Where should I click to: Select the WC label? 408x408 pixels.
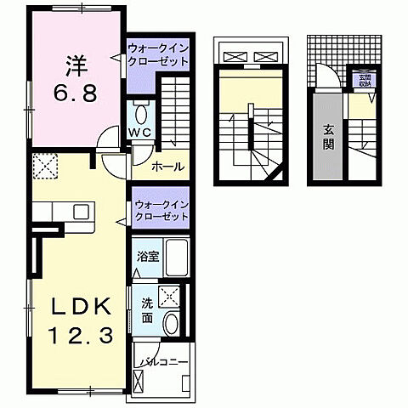click(x=140, y=133)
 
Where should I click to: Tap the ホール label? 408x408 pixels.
click(x=167, y=167)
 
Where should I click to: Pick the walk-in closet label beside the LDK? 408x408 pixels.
click(x=161, y=211)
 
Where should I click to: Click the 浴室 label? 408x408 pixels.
click(x=146, y=254)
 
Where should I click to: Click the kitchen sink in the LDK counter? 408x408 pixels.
click(x=82, y=211)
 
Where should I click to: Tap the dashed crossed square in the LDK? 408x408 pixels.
click(x=42, y=166)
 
